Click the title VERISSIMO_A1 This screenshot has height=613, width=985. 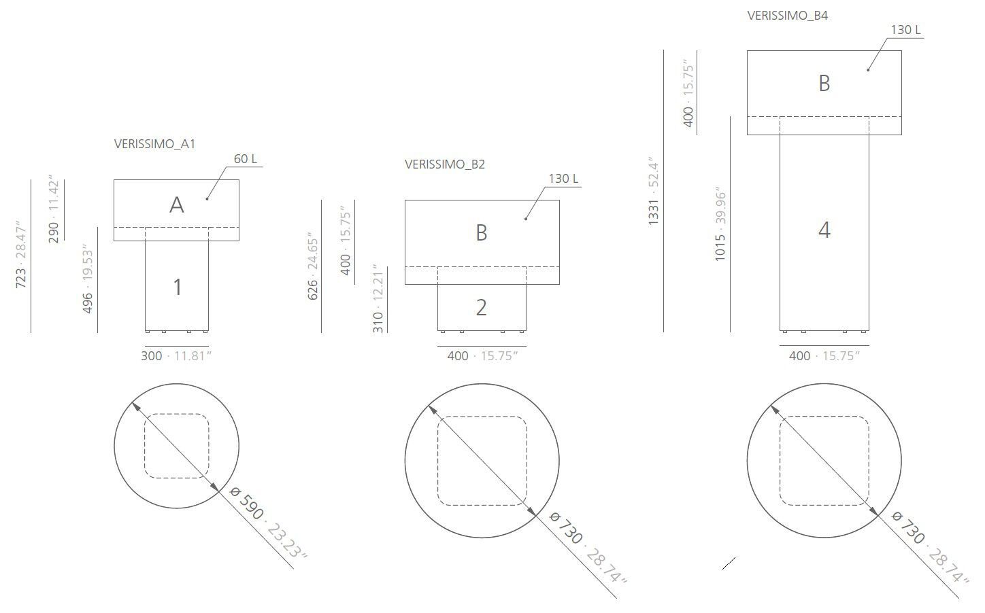154,144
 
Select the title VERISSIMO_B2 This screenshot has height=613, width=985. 445,164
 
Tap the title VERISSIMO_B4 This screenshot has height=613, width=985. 787,16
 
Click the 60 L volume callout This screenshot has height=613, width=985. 246,159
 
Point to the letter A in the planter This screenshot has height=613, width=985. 176,205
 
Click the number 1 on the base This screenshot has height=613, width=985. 177,287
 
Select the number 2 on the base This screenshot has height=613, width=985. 481,308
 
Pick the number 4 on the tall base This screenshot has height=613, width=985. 824,230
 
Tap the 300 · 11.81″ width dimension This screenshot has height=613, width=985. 176,356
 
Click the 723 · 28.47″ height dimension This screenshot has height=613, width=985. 21,254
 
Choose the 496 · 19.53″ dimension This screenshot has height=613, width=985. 88,279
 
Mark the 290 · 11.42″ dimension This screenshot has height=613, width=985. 54,211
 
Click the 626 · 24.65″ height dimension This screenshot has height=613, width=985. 313,268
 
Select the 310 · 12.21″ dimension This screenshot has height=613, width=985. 379,299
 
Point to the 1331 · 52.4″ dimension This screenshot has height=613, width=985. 654,192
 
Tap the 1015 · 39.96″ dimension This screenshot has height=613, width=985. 721,224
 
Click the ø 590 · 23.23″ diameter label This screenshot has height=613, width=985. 268,522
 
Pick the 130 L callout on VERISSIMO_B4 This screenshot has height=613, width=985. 905,30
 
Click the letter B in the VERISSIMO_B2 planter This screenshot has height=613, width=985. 481,233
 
